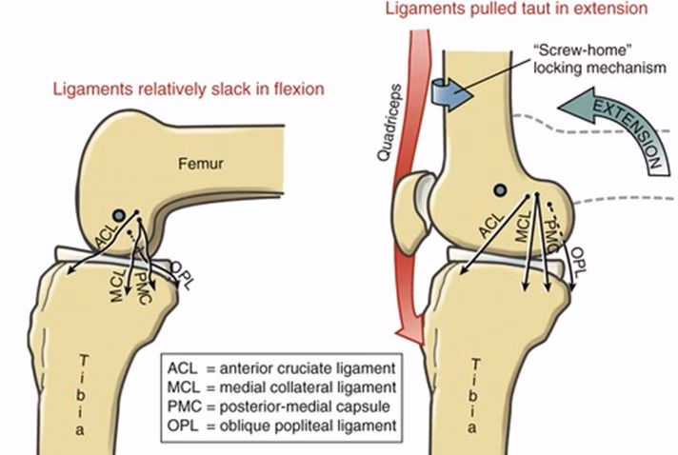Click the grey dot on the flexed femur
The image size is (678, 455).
click(118, 213)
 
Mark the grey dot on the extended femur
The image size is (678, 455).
click(498, 190)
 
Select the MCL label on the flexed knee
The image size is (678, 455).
click(117, 287)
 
